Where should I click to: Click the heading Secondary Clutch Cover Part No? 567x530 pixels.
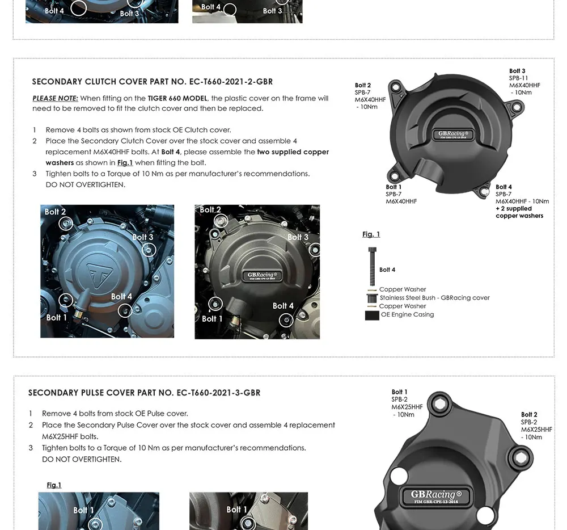[x=152, y=82]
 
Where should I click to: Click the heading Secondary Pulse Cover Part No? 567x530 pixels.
[x=144, y=393]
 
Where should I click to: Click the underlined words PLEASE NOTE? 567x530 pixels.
[x=55, y=98]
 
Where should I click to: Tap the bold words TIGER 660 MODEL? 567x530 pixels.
[x=177, y=98]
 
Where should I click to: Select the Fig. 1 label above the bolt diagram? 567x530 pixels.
[x=371, y=234]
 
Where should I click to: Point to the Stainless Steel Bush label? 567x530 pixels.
[x=434, y=297]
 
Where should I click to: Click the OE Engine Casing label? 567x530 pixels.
[x=407, y=314]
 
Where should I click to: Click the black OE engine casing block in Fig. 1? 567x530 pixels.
[x=372, y=316]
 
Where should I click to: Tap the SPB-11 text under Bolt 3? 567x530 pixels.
[x=518, y=78]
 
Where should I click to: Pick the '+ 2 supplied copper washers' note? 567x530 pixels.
[x=519, y=212]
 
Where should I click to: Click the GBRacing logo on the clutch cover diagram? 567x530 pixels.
[x=451, y=134]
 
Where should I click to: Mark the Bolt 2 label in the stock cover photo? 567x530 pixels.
[x=55, y=212]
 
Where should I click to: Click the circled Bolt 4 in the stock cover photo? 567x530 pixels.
[x=125, y=310]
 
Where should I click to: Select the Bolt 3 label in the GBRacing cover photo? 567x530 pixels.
[x=298, y=237]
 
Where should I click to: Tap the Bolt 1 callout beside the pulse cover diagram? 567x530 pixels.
[x=399, y=392]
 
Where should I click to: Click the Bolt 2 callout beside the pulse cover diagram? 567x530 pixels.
[x=529, y=415]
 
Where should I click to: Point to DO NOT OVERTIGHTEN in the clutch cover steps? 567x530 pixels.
[x=86, y=184]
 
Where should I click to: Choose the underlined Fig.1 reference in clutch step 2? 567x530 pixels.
[x=125, y=163]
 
